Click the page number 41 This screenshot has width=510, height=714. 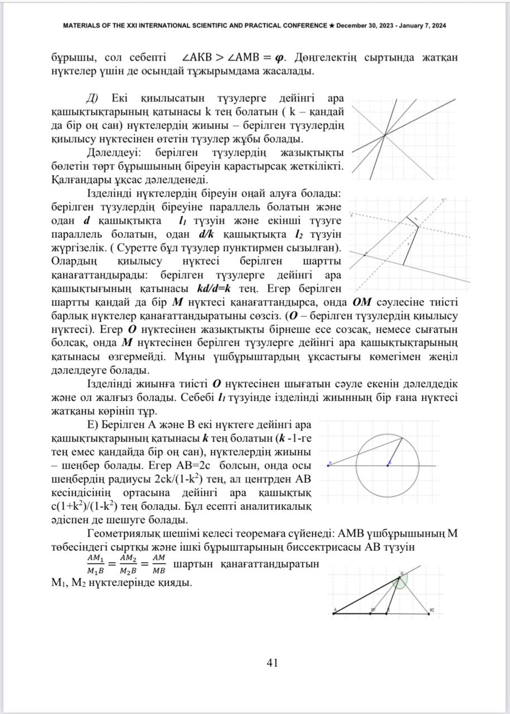[x=273, y=663]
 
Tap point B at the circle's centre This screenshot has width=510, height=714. [x=389, y=464]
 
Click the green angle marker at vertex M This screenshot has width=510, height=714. [x=400, y=583]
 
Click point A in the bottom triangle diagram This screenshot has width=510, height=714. [x=334, y=612]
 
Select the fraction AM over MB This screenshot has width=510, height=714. [x=158, y=564]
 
